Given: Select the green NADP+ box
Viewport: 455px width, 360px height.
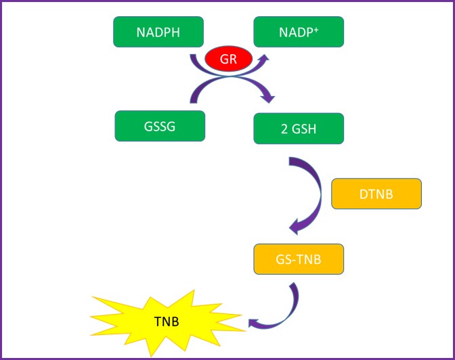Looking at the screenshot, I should pos(299,32).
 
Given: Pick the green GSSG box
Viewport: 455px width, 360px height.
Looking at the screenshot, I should pos(160,127).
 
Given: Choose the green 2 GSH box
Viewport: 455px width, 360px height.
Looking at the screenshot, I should pos(299,128).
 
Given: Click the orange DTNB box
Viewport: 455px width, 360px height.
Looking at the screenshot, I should pos(376,194).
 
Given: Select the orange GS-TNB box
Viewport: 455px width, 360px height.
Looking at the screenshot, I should pos(299,258).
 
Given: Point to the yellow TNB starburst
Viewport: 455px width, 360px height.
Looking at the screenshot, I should pos(167,320).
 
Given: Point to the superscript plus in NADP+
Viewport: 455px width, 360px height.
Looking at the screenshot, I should pos(318,28).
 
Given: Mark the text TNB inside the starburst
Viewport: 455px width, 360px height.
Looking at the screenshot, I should pos(167,320).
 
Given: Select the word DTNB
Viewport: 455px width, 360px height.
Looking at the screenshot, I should pos(376,194).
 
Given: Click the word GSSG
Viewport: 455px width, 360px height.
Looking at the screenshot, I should pos(160,127).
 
